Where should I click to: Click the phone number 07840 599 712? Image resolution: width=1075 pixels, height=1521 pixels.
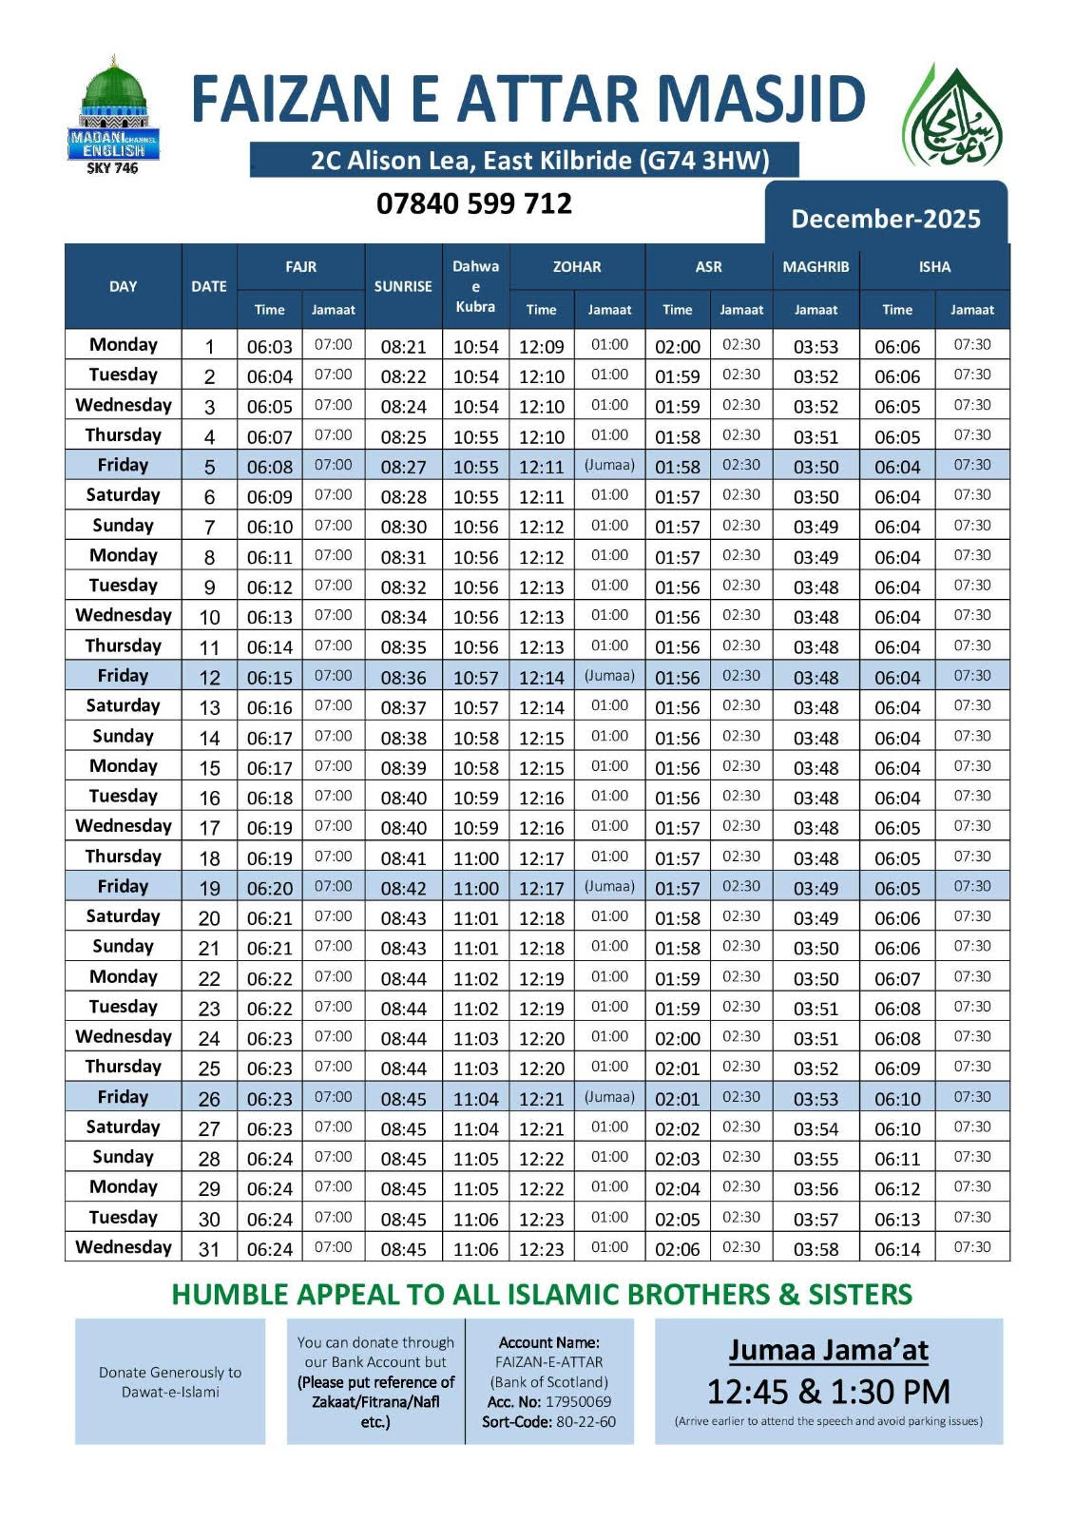(x=474, y=203)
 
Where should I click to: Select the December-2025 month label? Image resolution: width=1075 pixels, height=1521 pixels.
(x=885, y=219)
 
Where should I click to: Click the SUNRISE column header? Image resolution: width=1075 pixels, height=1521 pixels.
(x=403, y=286)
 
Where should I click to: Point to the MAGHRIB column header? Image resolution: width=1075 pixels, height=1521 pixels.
(x=816, y=267)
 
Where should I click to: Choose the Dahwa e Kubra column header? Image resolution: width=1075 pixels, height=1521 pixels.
(x=475, y=286)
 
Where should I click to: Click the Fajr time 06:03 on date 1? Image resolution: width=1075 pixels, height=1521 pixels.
(x=270, y=347)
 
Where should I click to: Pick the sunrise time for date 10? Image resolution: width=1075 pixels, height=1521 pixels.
(x=403, y=618)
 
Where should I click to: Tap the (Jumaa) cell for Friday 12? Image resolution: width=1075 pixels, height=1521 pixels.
(x=609, y=676)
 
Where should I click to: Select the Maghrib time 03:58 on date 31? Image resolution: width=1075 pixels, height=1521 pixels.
(x=816, y=1249)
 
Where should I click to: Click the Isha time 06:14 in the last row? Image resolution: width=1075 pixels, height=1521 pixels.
(x=897, y=1249)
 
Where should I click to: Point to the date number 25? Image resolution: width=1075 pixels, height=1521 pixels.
(x=209, y=1069)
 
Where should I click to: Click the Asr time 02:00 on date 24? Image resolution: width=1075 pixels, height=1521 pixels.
(x=677, y=1039)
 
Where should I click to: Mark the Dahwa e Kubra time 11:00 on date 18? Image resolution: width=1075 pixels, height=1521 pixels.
(x=475, y=858)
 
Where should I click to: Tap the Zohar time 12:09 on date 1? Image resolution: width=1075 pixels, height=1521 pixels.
(x=542, y=347)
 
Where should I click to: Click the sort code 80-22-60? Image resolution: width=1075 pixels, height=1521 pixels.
(x=575, y=1422)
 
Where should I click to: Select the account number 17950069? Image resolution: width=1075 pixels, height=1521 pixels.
(x=578, y=1402)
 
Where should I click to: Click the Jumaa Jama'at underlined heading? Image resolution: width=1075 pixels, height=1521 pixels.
(x=828, y=1350)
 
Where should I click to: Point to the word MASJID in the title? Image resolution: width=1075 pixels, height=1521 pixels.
(x=761, y=99)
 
